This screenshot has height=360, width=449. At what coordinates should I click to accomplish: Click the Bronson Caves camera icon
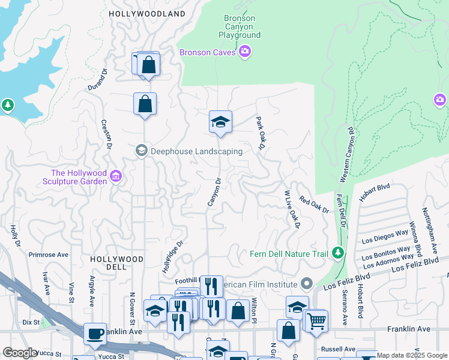[x=244, y=52]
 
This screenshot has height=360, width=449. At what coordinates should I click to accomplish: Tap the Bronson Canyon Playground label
[x=240, y=26]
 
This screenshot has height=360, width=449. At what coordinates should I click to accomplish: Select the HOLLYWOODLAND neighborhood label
[x=147, y=13]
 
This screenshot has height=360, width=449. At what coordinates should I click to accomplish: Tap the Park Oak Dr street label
[x=261, y=134]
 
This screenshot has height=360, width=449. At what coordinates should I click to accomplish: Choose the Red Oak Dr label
[x=314, y=206]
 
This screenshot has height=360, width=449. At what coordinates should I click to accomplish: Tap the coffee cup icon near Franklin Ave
[x=95, y=334]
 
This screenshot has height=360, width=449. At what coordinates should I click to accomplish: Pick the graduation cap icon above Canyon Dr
[x=220, y=122]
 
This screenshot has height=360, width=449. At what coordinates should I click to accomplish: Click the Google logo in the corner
[x=19, y=353]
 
